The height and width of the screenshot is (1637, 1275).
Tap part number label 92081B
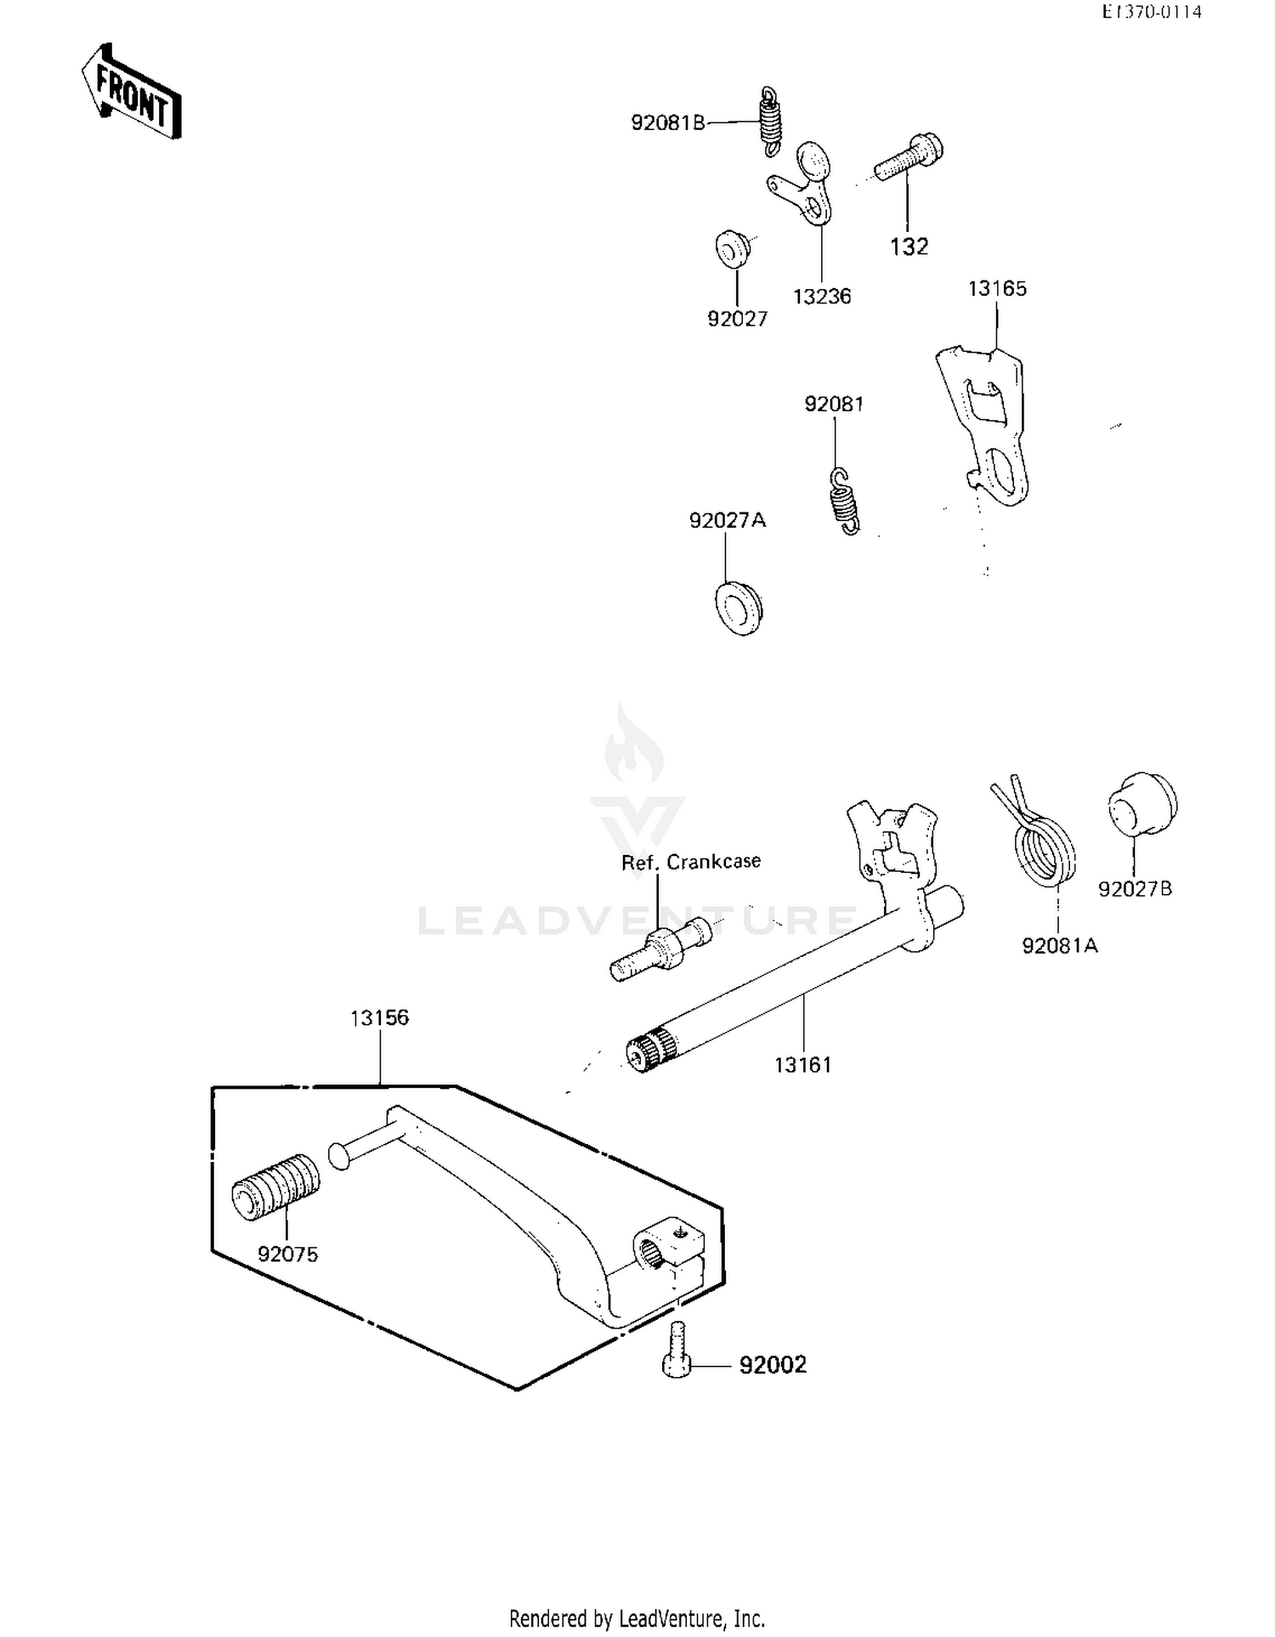668,123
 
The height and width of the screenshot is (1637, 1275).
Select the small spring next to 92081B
770,122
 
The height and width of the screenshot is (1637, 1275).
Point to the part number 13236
822,297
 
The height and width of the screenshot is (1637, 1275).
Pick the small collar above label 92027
731,247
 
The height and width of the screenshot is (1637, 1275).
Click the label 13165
997,289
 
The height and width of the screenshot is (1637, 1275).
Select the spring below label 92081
844,502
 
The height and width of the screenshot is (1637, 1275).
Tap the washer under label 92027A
737,606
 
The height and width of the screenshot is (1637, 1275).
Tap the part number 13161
802,1065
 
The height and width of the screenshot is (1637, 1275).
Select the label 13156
379,1017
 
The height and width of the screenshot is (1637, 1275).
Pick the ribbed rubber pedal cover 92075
276,1187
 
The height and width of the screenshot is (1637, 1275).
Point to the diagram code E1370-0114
1152,12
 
